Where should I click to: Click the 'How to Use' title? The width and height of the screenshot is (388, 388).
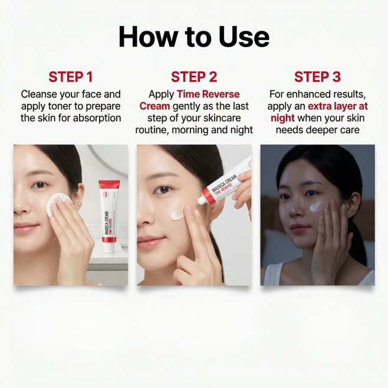(194, 37)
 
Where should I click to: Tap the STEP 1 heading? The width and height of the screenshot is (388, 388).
(71, 77)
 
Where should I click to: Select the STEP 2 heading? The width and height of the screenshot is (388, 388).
(194, 77)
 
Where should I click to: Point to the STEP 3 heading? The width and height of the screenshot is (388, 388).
(317, 77)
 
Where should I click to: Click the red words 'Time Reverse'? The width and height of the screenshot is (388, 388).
(208, 94)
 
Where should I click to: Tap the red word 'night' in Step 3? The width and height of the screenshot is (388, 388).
(282, 118)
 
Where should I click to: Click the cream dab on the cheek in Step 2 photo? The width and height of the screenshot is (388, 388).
(177, 215)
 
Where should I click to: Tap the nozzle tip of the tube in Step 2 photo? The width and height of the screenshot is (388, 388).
(199, 202)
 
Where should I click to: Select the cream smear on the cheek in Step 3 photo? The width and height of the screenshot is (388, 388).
(317, 207)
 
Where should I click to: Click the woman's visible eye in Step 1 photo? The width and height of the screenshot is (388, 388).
(40, 185)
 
